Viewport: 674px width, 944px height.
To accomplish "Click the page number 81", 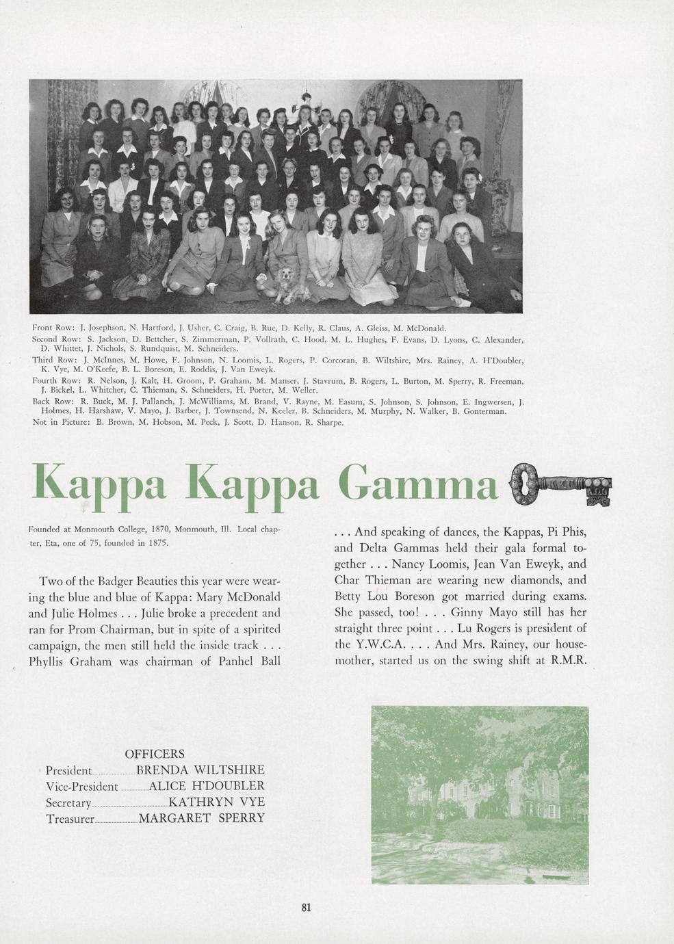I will (x=306, y=908).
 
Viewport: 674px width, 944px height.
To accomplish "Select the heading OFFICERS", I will (x=155, y=754).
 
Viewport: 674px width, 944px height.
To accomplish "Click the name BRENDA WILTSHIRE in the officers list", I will (x=200, y=770).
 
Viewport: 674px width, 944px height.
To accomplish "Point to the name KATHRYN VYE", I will (x=216, y=802).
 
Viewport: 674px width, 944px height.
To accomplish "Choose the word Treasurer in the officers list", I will (x=69, y=818).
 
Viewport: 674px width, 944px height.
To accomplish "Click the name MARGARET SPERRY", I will (x=201, y=818).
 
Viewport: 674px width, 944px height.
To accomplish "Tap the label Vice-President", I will (x=81, y=786).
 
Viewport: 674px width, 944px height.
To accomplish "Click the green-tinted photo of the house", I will (x=479, y=794).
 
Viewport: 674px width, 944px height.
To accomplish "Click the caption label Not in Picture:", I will (x=62, y=422).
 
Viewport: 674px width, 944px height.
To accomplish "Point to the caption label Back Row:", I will (x=53, y=402).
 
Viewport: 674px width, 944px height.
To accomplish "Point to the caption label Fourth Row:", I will (x=57, y=381).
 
